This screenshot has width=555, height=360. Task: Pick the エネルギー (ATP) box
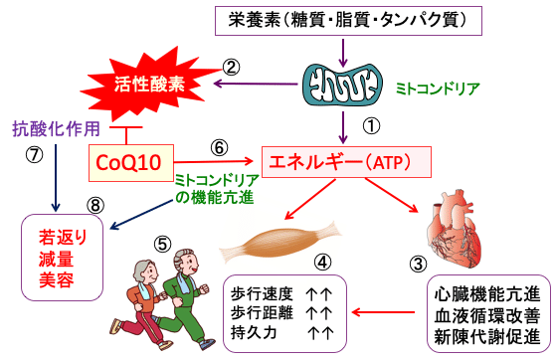point(344,161)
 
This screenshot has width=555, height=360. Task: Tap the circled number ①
point(369,126)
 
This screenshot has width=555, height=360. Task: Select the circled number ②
point(231,68)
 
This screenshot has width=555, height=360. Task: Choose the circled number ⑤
point(161,242)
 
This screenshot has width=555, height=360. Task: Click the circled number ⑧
point(94,206)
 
